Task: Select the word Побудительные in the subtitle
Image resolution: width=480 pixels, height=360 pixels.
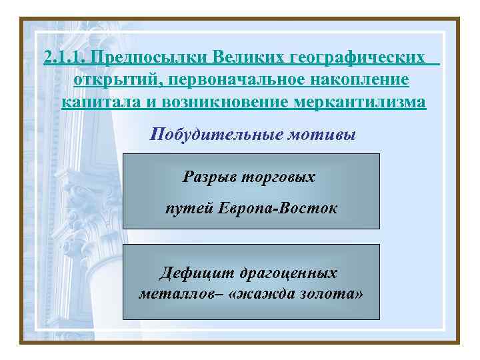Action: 216,135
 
